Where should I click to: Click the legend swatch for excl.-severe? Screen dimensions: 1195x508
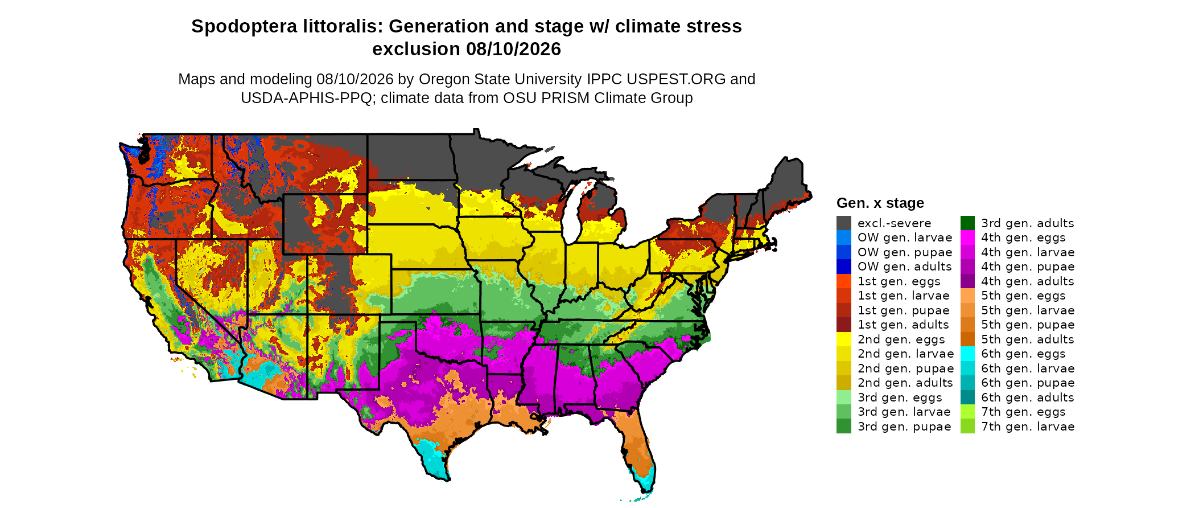click(844, 223)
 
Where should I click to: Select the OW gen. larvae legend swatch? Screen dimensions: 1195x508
click(844, 237)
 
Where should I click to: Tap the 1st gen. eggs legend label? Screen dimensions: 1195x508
click(899, 281)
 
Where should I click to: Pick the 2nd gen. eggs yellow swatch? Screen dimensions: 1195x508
click(844, 339)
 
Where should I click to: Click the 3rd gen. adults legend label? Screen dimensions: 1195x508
click(1028, 223)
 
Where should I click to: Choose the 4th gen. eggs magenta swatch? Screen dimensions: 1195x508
click(967, 237)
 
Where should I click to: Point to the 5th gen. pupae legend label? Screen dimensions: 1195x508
click(1028, 325)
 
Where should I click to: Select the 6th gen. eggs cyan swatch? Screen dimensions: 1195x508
click(967, 354)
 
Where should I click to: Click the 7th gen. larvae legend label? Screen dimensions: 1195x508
click(1028, 427)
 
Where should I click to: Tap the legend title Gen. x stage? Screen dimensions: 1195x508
click(880, 203)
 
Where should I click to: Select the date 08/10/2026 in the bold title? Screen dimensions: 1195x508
click(513, 49)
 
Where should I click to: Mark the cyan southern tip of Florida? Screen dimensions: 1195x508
click(647, 484)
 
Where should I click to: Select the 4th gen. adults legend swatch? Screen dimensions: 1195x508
click(967, 281)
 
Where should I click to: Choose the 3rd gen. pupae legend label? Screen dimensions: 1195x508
click(904, 427)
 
